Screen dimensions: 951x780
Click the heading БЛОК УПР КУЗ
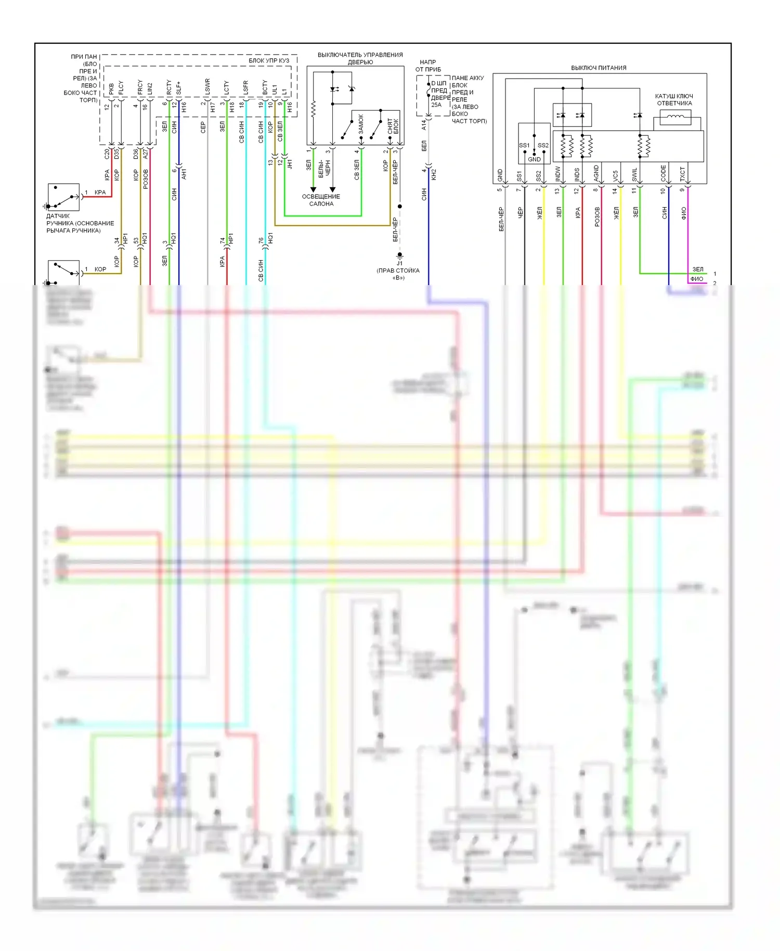point(268,61)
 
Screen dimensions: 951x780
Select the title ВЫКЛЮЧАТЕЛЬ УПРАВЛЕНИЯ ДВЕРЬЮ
point(360,58)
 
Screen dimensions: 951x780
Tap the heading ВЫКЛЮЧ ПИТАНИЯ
point(599,68)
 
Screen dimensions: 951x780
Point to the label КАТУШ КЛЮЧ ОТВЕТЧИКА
point(674,100)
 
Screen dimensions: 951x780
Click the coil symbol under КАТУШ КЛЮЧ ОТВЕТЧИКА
point(675,118)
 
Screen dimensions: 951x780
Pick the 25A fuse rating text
point(436,105)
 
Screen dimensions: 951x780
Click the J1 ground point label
point(399,263)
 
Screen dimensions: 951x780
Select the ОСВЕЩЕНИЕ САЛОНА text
point(321,200)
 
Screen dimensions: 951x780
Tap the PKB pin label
point(111,88)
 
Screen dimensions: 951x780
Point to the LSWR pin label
point(207,87)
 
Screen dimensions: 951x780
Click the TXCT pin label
point(683,174)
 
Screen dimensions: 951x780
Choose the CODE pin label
point(664,173)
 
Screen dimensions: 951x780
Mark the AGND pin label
point(596,173)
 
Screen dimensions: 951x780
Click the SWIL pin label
point(634,174)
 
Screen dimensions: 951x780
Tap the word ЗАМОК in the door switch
point(361,124)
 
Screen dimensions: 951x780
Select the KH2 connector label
point(434,174)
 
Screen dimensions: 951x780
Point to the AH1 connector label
point(184,174)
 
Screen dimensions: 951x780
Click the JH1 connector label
point(290,164)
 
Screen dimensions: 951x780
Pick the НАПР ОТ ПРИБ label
point(427,66)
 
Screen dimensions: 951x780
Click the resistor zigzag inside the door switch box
point(313,110)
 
